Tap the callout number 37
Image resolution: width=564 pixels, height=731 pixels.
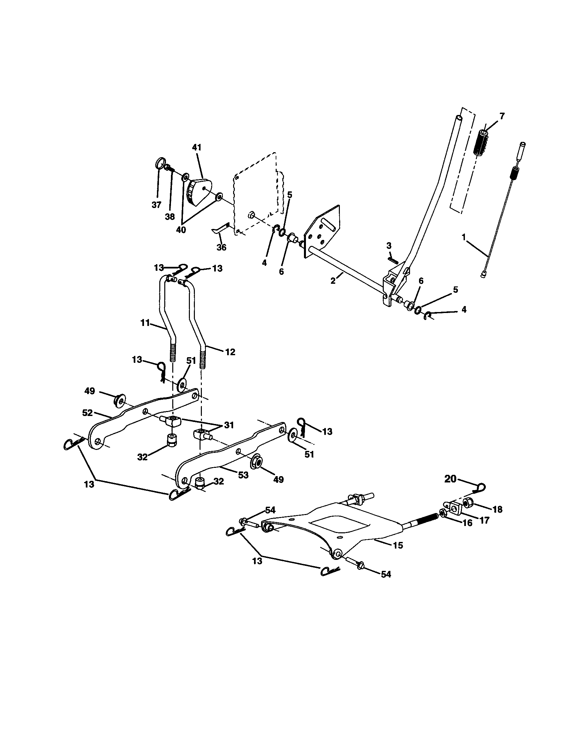(156, 205)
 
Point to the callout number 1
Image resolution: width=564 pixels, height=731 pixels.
(464, 237)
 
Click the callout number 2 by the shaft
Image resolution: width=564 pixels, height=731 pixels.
(333, 281)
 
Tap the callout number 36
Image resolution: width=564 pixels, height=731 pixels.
(221, 247)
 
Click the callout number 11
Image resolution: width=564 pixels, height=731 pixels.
(145, 323)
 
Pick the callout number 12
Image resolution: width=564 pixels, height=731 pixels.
(230, 352)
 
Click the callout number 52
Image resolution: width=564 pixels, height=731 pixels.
(87, 413)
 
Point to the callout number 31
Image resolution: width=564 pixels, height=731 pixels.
(229, 425)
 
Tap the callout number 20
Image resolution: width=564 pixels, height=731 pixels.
(451, 479)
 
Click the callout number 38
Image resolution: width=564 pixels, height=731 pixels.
(170, 217)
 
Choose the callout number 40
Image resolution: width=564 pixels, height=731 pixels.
(181, 230)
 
